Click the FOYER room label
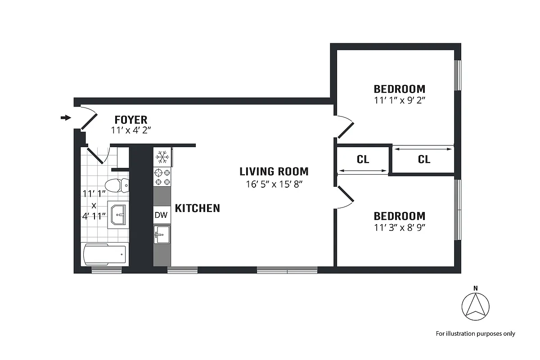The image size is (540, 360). [x=130, y=120]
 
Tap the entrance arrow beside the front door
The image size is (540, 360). [x=66, y=118]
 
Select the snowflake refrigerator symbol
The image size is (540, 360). [x=162, y=157]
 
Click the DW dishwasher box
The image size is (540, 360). [x=161, y=215]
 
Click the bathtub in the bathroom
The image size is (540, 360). [x=104, y=255]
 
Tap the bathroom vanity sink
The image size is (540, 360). [x=119, y=215]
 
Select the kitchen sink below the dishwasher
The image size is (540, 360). [x=162, y=234]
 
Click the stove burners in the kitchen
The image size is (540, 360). [x=162, y=177]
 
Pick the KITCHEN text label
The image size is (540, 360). [x=197, y=208]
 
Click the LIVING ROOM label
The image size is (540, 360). [x=274, y=171]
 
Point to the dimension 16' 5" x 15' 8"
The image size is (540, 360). [x=274, y=184]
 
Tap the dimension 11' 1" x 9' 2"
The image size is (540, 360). [x=399, y=100]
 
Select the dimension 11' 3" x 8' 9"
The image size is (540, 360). [x=399, y=227]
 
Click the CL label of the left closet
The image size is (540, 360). [x=363, y=159]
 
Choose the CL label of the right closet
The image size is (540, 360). [x=424, y=159]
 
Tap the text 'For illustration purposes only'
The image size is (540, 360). [x=475, y=334]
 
